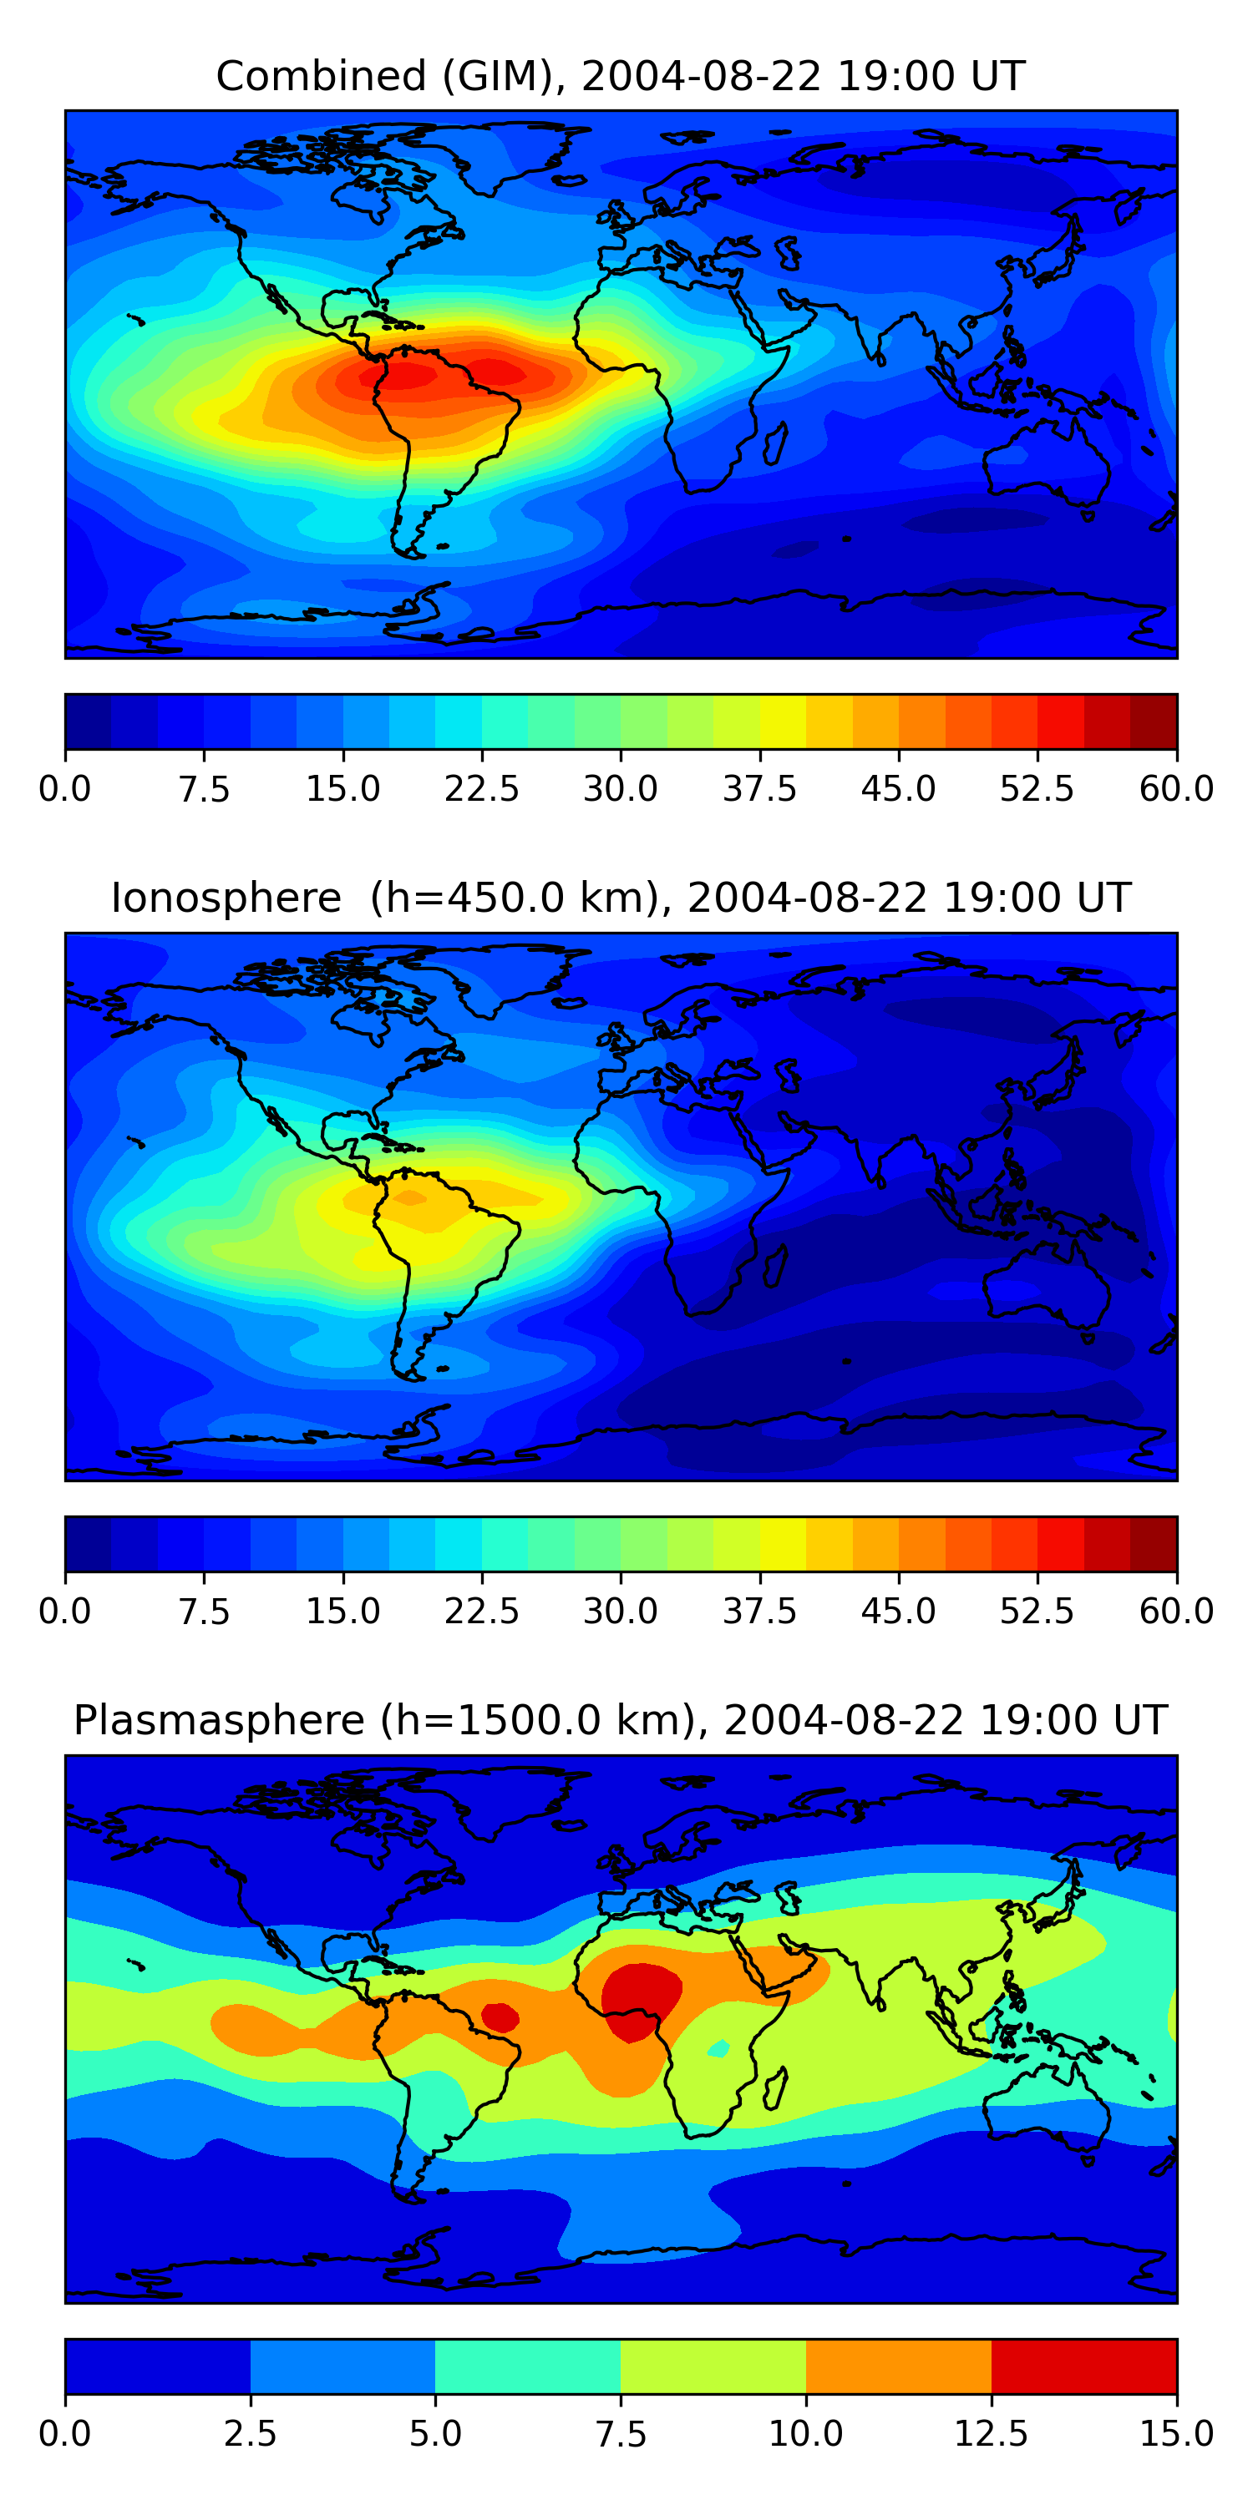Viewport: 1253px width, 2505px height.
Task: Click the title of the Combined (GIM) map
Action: pos(621,76)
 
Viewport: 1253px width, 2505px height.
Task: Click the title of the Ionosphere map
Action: pos(621,898)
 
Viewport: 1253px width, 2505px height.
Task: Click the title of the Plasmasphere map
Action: pos(621,1720)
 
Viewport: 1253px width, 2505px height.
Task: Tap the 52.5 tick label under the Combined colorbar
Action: pos(1037,788)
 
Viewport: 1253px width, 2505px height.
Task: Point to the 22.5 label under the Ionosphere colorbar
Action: pos(481,1612)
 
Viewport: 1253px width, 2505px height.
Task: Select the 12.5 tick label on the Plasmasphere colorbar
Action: pos(992,2434)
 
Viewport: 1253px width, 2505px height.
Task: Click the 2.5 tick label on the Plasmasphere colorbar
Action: pos(250,2434)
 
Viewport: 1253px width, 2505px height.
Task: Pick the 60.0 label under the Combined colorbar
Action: pos(1176,788)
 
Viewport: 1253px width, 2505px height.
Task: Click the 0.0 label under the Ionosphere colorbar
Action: pos(65,1612)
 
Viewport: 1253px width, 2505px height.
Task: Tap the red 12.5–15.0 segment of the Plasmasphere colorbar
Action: pos(1083,2366)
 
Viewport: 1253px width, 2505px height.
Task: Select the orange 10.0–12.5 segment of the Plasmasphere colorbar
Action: pos(898,2366)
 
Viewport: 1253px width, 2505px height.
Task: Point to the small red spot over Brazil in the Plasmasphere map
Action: pos(500,2016)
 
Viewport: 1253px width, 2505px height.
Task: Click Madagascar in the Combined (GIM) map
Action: pos(775,443)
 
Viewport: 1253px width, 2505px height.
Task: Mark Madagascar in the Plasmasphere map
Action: pos(775,2087)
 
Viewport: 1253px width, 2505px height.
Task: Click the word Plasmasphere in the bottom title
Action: pos(219,1720)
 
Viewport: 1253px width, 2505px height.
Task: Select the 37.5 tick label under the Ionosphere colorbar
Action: pos(758,1612)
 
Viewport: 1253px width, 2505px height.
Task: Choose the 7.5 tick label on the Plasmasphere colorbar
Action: pos(621,2434)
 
